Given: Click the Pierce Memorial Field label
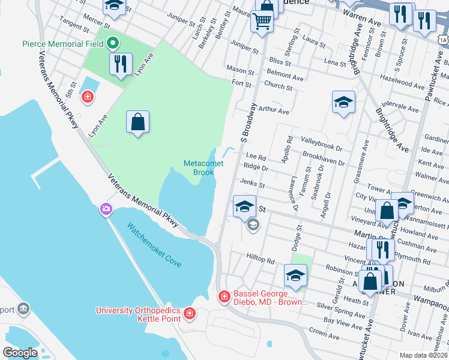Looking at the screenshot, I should [62, 44].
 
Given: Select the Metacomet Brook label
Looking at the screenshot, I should [199, 167].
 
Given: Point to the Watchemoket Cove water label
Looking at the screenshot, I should [154, 245].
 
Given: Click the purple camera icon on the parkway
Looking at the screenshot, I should [106, 209].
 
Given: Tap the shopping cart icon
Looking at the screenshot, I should [262, 21].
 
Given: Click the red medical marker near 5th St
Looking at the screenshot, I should [88, 96].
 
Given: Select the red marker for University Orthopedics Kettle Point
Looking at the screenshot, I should [190, 313].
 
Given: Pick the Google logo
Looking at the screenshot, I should [20, 352].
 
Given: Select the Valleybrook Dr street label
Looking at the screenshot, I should [321, 147].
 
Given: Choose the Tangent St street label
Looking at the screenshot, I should [70, 24].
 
